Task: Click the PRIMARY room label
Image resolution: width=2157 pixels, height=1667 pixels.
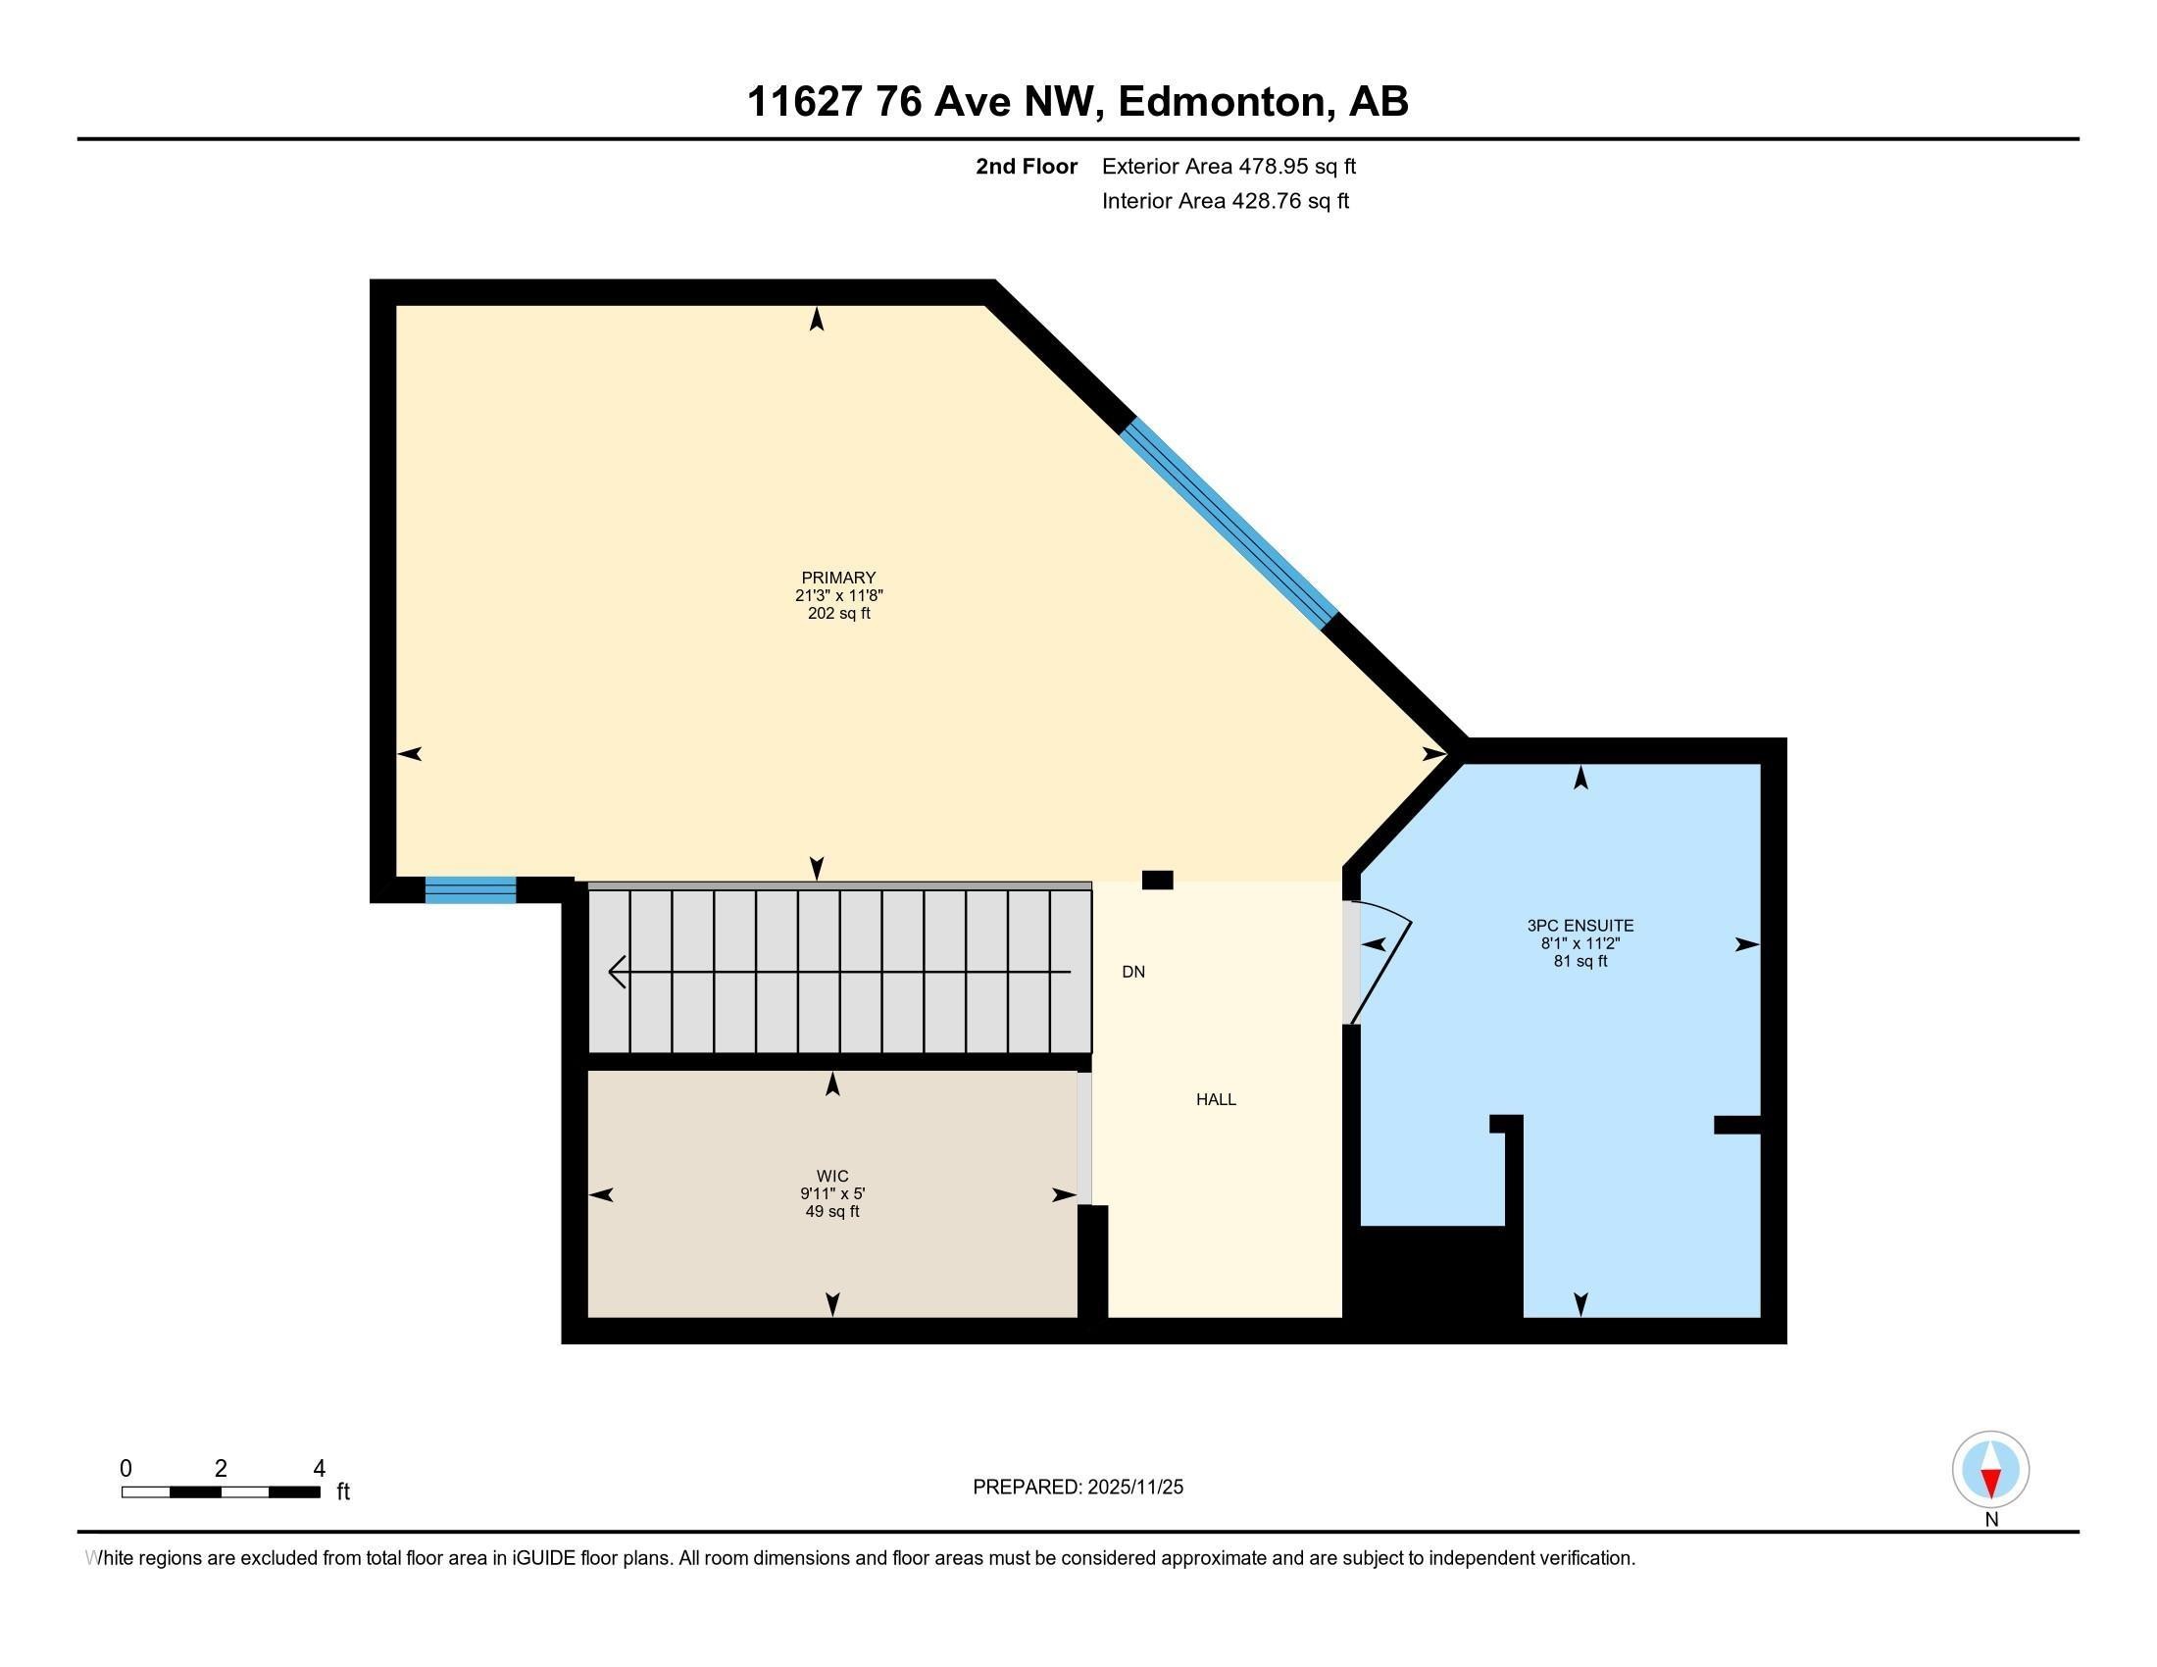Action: (838, 578)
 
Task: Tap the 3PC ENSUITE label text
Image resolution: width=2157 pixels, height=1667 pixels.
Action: (1580, 926)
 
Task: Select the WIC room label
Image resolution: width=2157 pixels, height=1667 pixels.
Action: (832, 1175)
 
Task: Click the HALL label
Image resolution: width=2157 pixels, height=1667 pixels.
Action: (1216, 1099)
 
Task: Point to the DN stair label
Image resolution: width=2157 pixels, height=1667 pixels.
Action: (1132, 972)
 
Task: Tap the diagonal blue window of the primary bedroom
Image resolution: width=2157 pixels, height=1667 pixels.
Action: (1229, 524)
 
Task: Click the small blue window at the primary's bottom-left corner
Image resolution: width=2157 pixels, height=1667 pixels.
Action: (470, 889)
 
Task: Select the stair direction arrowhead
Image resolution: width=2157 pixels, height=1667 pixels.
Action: (619, 972)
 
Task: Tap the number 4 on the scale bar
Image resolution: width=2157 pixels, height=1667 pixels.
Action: (319, 1469)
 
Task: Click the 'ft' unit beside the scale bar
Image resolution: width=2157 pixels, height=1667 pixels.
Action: (343, 1491)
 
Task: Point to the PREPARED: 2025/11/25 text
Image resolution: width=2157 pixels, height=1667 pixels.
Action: (1078, 1488)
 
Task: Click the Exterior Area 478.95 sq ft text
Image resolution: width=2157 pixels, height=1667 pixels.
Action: (1229, 166)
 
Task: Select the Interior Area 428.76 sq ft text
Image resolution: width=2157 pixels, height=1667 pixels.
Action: (1225, 200)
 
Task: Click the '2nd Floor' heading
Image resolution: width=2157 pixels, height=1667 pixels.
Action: (1027, 166)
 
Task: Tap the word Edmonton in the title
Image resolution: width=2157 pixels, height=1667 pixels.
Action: (1221, 102)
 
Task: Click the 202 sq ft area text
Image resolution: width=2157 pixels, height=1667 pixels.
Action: (838, 613)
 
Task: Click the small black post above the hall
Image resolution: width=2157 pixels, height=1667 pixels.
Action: (1157, 880)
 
